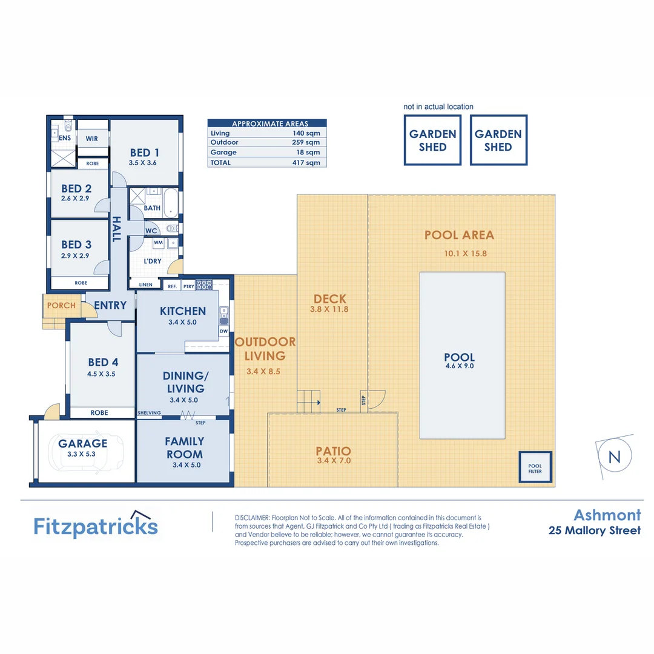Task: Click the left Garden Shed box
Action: click(x=432, y=140)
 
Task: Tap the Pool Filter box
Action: click(x=534, y=467)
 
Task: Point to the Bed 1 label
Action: click(x=144, y=153)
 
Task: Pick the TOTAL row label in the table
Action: click(x=221, y=162)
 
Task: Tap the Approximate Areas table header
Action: click(x=266, y=124)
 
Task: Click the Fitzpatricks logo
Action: click(x=96, y=526)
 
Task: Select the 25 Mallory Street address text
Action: click(x=594, y=531)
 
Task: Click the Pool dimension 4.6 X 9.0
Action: click(x=459, y=366)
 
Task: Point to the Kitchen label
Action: click(x=183, y=311)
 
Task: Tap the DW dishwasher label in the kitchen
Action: click(x=223, y=331)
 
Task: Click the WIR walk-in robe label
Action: click(x=92, y=139)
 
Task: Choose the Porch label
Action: click(x=61, y=305)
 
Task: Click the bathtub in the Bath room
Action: click(x=171, y=203)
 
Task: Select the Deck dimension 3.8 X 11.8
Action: click(x=330, y=309)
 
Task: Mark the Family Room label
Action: click(x=185, y=448)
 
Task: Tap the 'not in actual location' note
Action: click(x=438, y=107)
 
